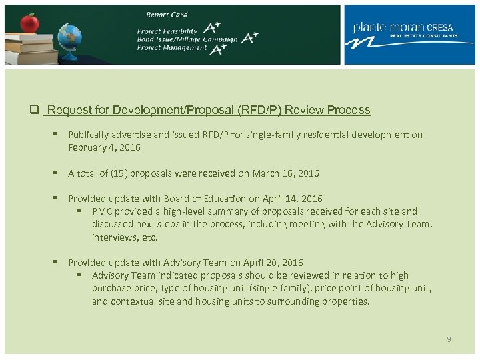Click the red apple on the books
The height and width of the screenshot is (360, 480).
point(29,23)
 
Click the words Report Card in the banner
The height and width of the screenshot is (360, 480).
point(167,14)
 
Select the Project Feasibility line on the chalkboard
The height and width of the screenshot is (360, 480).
point(167,31)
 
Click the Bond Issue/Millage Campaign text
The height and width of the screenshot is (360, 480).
point(187,39)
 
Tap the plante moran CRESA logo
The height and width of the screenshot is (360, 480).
point(407,35)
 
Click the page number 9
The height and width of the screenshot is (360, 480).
point(449,340)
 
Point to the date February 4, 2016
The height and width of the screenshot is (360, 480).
point(104,147)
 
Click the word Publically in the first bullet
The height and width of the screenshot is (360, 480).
point(90,135)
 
